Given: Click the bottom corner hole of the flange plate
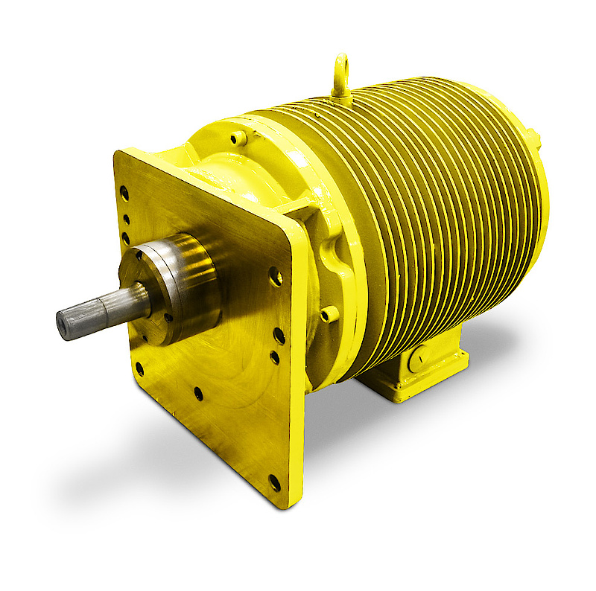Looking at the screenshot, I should tap(274, 482).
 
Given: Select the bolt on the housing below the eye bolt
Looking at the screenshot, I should tap(238, 138).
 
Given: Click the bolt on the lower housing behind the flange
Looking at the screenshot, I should tap(328, 314).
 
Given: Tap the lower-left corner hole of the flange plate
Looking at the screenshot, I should tap(139, 368).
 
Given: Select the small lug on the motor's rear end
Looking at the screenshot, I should tap(532, 135).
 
